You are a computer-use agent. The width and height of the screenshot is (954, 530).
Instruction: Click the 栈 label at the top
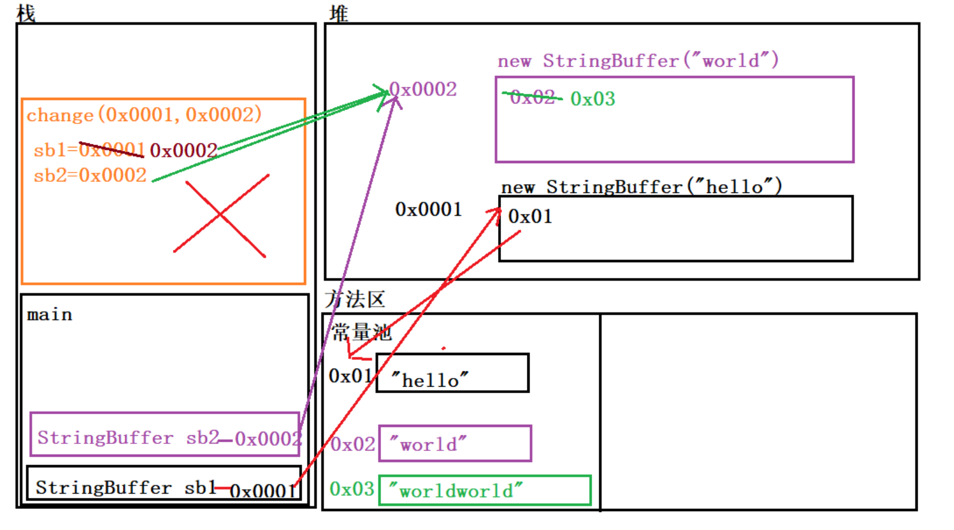point(26,13)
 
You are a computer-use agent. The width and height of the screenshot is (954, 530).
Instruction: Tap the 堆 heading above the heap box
point(338,13)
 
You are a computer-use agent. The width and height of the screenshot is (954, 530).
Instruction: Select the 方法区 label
point(355,299)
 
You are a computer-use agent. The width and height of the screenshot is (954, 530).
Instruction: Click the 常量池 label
point(361,332)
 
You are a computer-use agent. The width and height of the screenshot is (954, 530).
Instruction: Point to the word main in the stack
point(50,315)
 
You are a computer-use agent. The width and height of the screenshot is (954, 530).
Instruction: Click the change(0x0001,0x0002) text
point(144,115)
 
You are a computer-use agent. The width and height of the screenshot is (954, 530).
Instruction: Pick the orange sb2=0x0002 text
point(90,175)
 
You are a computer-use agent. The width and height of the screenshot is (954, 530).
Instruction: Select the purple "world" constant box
point(455,443)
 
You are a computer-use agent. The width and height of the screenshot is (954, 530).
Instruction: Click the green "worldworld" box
point(485,490)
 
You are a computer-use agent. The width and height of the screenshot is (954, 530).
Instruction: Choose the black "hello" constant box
point(452,373)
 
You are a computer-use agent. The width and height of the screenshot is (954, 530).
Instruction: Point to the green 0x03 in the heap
point(593,99)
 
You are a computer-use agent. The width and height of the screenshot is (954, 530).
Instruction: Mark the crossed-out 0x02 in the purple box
point(532,98)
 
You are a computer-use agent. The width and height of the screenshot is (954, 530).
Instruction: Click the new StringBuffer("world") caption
point(638,61)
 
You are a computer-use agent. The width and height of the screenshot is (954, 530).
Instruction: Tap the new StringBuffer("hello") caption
point(641,187)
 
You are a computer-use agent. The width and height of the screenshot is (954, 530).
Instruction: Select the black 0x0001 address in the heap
point(428,209)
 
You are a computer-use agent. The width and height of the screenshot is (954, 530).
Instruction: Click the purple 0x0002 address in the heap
point(423,90)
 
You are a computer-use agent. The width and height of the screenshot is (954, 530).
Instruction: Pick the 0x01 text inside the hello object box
point(530,216)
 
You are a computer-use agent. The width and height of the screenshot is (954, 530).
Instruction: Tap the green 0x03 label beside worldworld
point(352,488)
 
